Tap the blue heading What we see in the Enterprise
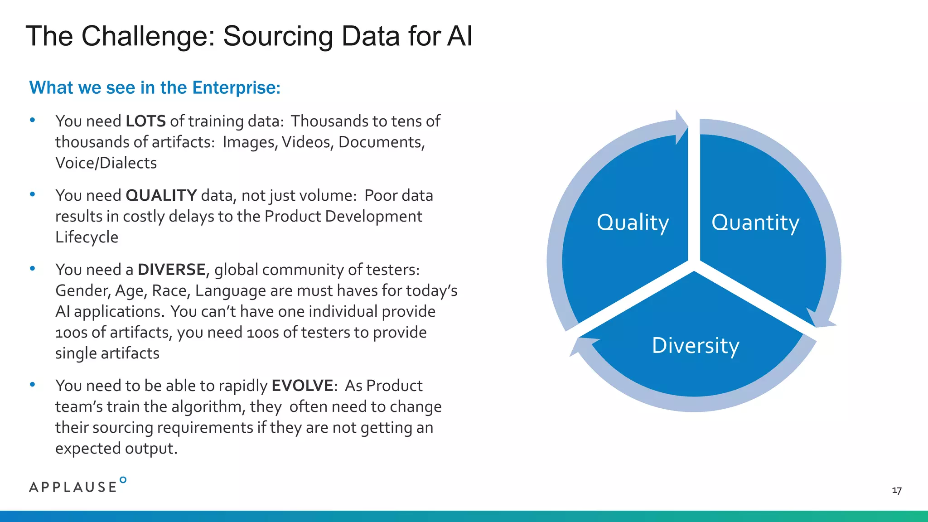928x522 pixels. click(x=155, y=88)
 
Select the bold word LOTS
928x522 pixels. click(x=145, y=121)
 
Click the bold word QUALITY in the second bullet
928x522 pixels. click(x=161, y=196)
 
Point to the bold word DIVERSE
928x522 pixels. click(x=171, y=270)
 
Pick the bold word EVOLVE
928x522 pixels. click(x=302, y=386)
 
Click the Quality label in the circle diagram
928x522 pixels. click(x=633, y=222)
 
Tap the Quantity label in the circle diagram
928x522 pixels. click(x=755, y=222)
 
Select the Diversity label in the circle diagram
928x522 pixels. click(x=695, y=346)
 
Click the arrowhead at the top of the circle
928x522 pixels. click(x=681, y=127)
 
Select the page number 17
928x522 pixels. click(x=896, y=491)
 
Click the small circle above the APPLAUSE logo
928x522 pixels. click(x=123, y=480)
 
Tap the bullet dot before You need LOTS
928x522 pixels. click(x=32, y=121)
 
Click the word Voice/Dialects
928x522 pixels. click(x=106, y=163)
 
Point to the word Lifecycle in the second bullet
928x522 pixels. click(x=87, y=237)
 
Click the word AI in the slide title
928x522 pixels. click(x=459, y=36)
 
